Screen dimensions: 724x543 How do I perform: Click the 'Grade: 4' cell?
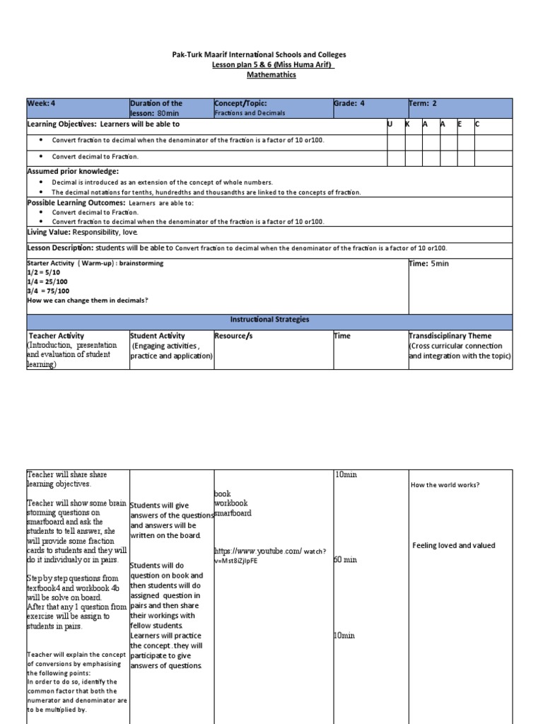click(x=349, y=103)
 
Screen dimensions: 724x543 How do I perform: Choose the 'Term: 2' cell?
click(x=423, y=103)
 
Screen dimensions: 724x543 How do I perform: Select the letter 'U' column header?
click(x=390, y=124)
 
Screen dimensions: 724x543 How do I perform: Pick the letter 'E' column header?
click(x=460, y=124)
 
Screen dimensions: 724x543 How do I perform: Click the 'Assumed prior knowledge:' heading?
click(x=73, y=172)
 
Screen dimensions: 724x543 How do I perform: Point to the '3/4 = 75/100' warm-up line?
click(x=49, y=291)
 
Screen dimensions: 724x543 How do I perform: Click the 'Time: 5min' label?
click(x=428, y=264)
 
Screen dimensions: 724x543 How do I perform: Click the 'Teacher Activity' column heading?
click(x=57, y=336)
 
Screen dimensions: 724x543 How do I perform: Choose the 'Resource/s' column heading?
click(x=233, y=336)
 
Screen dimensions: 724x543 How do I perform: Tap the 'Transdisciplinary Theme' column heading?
click(x=450, y=336)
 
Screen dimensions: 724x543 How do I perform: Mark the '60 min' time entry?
click(x=345, y=560)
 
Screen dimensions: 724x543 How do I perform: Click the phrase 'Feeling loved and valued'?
click(x=454, y=545)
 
